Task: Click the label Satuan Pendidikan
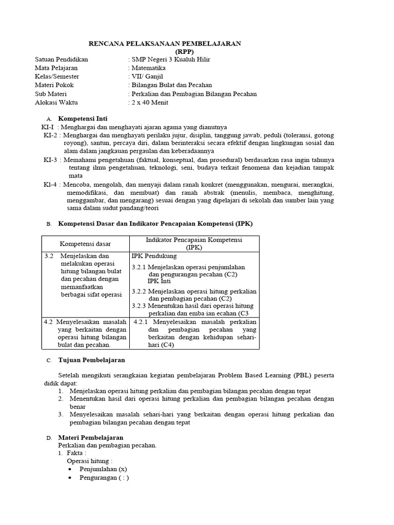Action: (61, 59)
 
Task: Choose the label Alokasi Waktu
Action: (56, 102)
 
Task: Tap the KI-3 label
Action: (50, 160)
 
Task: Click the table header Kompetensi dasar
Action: (85, 244)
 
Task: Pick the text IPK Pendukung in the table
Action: (154, 256)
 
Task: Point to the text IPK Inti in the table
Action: (159, 281)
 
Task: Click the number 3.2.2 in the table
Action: (139, 291)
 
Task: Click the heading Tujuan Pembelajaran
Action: (91, 360)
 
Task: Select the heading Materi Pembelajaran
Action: (90, 437)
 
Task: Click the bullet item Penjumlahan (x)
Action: (103, 469)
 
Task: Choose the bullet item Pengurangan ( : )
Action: (104, 478)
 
